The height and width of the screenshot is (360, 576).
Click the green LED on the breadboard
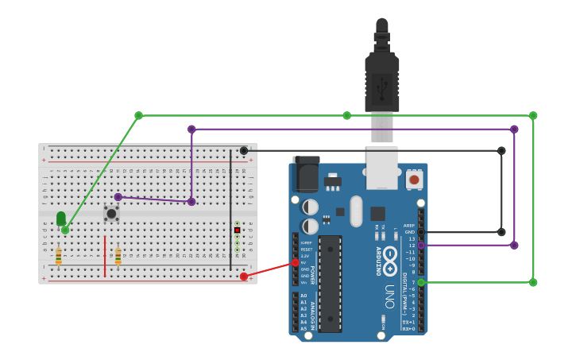(61, 218)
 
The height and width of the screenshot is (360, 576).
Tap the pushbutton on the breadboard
(111, 213)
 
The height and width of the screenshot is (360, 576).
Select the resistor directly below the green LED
(58, 256)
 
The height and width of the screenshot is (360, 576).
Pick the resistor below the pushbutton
(118, 256)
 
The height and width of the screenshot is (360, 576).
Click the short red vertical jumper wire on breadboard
(105, 256)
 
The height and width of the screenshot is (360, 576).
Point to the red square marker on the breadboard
(237, 230)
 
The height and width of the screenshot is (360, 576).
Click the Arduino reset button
(413, 180)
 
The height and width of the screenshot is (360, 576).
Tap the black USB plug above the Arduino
(381, 79)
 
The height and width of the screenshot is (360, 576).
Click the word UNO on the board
(389, 296)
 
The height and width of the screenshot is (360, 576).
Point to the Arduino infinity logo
(390, 261)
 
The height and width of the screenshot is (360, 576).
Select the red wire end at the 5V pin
(296, 262)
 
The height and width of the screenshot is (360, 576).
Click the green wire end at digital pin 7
(421, 282)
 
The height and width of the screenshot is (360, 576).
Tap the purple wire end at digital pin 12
(421, 246)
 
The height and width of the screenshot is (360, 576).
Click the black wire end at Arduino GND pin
(421, 232)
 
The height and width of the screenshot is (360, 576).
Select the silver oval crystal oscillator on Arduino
(356, 211)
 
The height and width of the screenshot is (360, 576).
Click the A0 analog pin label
(303, 296)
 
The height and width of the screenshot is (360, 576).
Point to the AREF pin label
(408, 226)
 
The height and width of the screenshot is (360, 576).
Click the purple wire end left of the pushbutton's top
(118, 197)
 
